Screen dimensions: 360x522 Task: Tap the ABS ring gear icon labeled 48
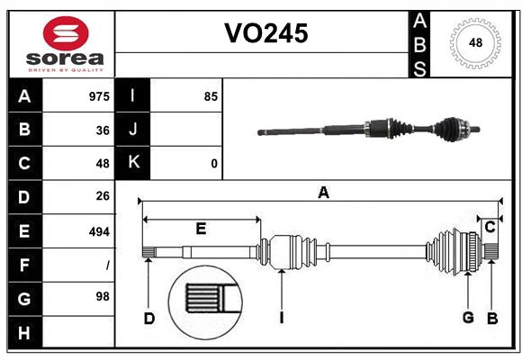pyautogui.click(x=474, y=43)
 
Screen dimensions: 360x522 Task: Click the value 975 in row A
pyautogui.click(x=99, y=96)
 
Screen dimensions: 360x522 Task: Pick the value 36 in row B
pyautogui.click(x=103, y=130)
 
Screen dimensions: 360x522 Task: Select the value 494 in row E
pyautogui.click(x=99, y=231)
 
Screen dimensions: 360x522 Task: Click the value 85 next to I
pyautogui.click(x=211, y=96)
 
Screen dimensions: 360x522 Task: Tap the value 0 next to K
pyautogui.click(x=213, y=164)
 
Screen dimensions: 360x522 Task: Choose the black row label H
pyautogui.click(x=24, y=332)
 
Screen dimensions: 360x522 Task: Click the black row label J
pyautogui.click(x=133, y=130)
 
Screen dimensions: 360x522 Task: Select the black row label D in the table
pyautogui.click(x=24, y=197)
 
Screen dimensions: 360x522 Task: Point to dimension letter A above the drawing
pyautogui.click(x=323, y=192)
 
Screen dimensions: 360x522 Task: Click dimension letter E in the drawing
pyautogui.click(x=201, y=229)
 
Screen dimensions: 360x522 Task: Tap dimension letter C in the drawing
pyautogui.click(x=490, y=228)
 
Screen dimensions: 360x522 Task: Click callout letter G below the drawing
pyautogui.click(x=468, y=317)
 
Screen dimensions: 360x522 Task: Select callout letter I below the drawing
pyautogui.click(x=282, y=317)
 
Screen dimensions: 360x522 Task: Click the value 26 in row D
pyautogui.click(x=103, y=197)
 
